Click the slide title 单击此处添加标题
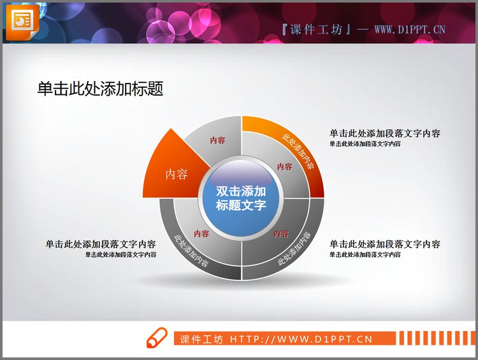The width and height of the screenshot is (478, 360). [100, 89]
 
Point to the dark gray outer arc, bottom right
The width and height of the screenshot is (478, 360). [294, 251]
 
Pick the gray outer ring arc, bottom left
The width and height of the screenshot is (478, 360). [191, 252]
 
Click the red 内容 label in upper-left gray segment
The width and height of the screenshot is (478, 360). [217, 141]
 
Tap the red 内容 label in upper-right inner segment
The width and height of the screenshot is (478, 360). [284, 167]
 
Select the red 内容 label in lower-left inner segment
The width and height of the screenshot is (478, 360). [201, 233]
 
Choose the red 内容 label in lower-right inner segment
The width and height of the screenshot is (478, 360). [281, 234]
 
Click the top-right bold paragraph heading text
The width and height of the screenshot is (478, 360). [385, 134]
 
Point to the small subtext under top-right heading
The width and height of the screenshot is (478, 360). [365, 144]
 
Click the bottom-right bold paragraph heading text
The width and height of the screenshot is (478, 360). [385, 244]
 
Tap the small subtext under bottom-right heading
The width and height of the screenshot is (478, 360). [365, 254]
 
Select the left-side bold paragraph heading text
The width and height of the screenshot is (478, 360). [101, 244]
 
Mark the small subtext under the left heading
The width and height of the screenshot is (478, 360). [120, 254]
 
